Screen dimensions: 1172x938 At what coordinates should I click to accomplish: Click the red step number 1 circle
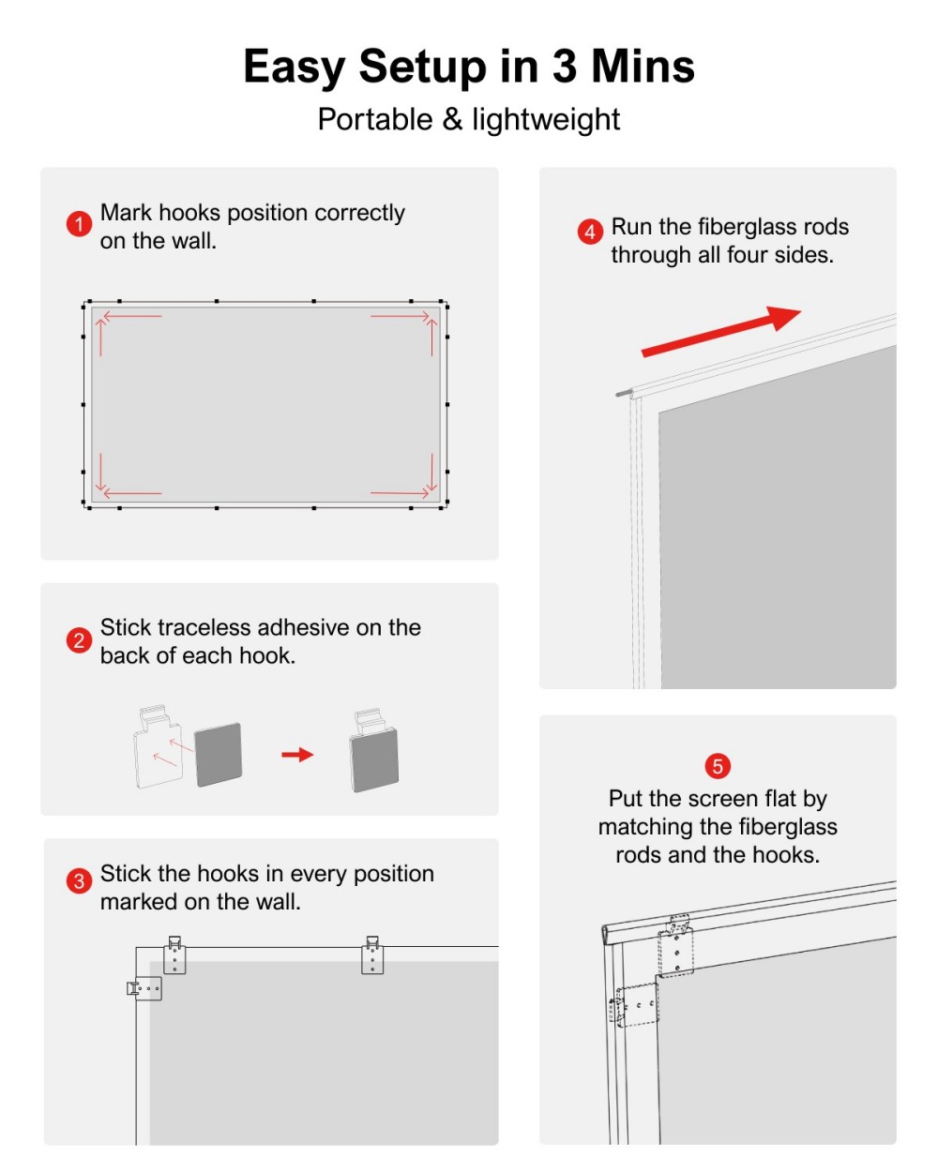pyautogui.click(x=79, y=224)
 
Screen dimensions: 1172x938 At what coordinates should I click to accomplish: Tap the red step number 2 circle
pyautogui.click(x=79, y=640)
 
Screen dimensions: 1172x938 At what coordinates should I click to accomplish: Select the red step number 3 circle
pyautogui.click(x=79, y=880)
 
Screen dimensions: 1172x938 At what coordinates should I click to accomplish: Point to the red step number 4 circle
pyautogui.click(x=590, y=232)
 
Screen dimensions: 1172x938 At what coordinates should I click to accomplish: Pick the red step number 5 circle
pyautogui.click(x=718, y=766)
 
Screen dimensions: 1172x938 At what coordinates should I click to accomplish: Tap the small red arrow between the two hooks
pyautogui.click(x=297, y=755)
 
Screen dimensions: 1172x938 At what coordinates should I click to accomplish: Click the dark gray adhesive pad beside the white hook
pyautogui.click(x=219, y=755)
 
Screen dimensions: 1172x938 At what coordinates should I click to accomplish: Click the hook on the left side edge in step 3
pyautogui.click(x=144, y=988)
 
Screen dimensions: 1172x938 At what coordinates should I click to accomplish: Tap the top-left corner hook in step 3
pyautogui.click(x=174, y=955)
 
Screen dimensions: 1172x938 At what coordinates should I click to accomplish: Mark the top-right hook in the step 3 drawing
pyautogui.click(x=372, y=955)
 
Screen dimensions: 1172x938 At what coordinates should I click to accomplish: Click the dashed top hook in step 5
pyautogui.click(x=676, y=947)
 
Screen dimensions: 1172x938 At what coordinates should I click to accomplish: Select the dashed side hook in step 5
pyautogui.click(x=635, y=1005)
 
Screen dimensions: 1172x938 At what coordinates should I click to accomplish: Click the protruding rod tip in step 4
pyautogui.click(x=623, y=394)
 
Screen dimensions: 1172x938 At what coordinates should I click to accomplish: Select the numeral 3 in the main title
pyautogui.click(x=564, y=67)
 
